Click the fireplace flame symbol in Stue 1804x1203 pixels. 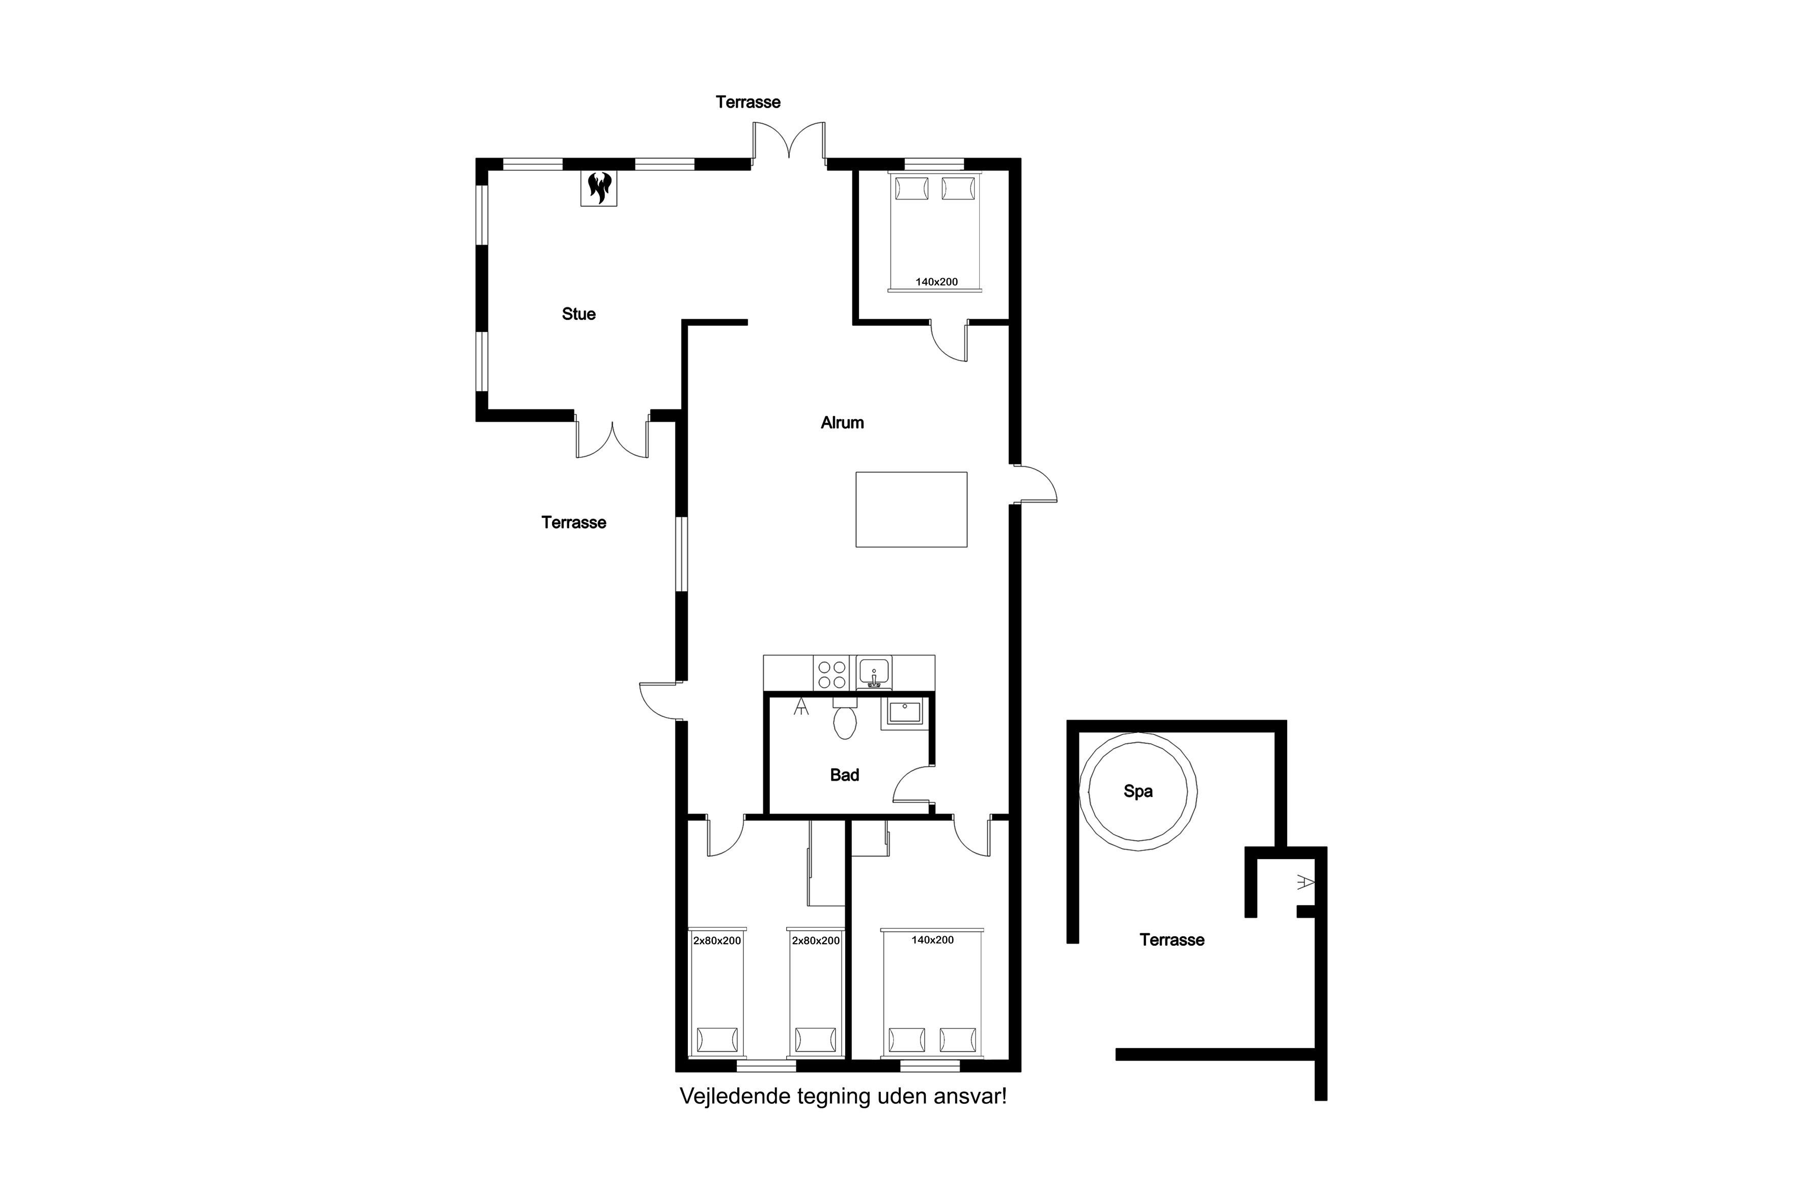click(x=598, y=188)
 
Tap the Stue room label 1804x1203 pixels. click(x=578, y=314)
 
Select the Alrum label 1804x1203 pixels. click(x=842, y=423)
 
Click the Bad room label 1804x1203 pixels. click(x=845, y=775)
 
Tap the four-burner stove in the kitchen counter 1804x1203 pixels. click(x=831, y=674)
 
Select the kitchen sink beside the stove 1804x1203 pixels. click(x=874, y=673)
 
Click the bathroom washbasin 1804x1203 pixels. click(x=905, y=713)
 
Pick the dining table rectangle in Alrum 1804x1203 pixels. click(x=911, y=509)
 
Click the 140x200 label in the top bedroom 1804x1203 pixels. click(x=936, y=282)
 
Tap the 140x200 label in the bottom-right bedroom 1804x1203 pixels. click(x=933, y=940)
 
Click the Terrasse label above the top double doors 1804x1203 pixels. click(x=748, y=102)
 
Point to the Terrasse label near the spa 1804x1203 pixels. click(x=1172, y=940)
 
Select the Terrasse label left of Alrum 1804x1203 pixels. click(x=574, y=523)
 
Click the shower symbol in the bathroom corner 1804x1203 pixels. click(x=801, y=706)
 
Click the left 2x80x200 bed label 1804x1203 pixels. click(x=717, y=941)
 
